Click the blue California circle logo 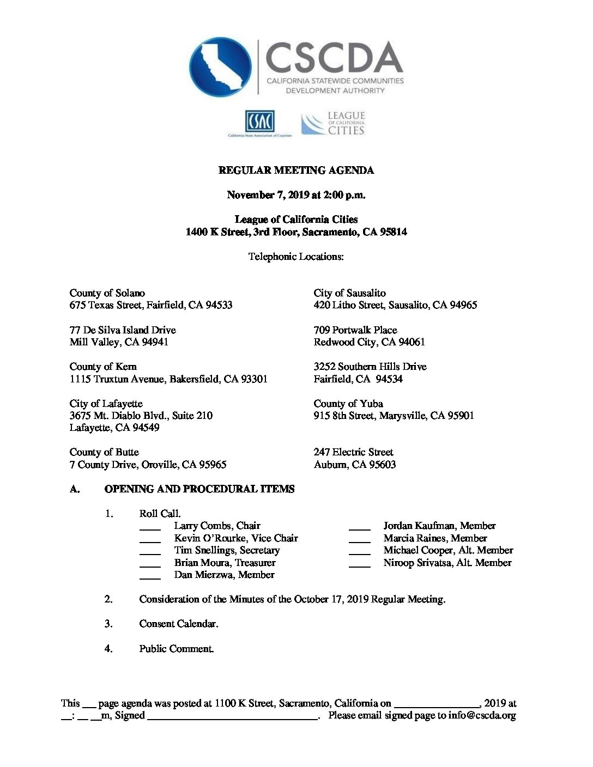click(x=220, y=66)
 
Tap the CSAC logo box click(x=259, y=121)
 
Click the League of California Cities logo click(x=333, y=123)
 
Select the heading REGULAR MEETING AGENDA click(x=296, y=171)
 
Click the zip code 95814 click(x=393, y=232)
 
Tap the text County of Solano click(x=107, y=293)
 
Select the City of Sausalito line click(x=349, y=293)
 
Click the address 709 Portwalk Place click(x=355, y=330)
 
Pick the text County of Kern click(x=103, y=367)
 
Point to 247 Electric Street click(x=353, y=452)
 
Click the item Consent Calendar click(x=178, y=624)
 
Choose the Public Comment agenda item click(x=176, y=649)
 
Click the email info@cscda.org click(x=482, y=716)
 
